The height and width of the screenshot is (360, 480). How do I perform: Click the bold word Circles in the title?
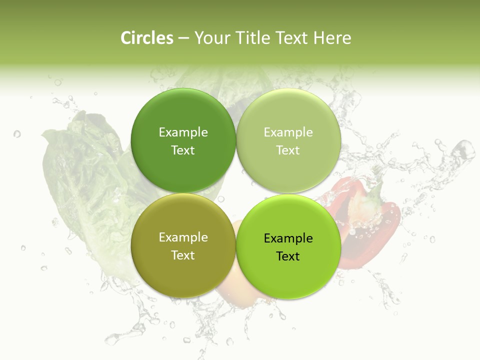coord(147,38)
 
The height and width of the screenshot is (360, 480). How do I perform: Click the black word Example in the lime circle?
coord(288,238)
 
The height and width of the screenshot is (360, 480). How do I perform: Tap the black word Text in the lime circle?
coord(288,256)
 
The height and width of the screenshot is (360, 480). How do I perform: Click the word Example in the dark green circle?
coord(183,132)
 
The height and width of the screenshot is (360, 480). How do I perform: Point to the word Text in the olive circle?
coord(183,255)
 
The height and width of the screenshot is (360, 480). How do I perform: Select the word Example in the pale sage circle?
coord(288,132)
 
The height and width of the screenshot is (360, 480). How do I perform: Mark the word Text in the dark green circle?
coord(183,150)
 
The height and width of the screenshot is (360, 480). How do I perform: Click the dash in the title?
coord(183,38)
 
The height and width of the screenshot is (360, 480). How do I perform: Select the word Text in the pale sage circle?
coord(288,150)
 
